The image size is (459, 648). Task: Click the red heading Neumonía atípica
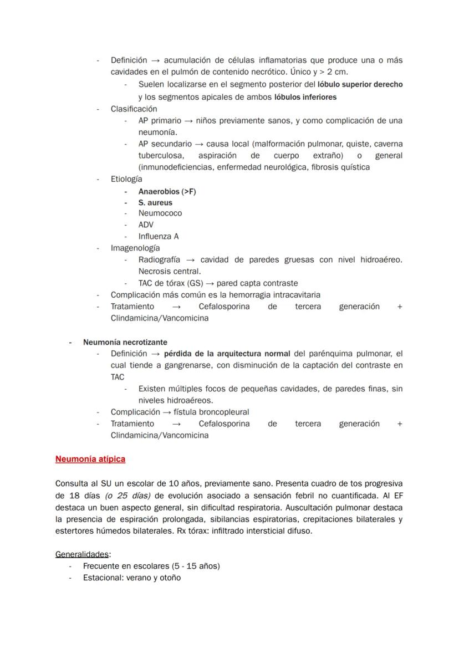pos(90,459)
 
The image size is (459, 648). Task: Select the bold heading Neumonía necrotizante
pos(125,342)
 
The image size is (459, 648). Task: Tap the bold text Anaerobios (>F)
pos(167,191)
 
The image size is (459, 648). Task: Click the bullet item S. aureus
pos(155,203)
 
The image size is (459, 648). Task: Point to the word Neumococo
pos(160,213)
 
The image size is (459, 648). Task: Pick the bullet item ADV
pos(146,224)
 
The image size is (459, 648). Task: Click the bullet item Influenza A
pos(159,236)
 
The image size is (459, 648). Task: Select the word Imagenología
pos(135,248)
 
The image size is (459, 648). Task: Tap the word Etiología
pos(126,179)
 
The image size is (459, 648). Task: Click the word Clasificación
pos(134,109)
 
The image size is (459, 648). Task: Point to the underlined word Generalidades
pos(82,554)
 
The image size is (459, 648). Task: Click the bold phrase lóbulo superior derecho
pos(360,85)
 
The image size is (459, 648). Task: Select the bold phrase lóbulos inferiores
pos(305,97)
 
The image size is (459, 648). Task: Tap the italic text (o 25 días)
pos(129,495)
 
